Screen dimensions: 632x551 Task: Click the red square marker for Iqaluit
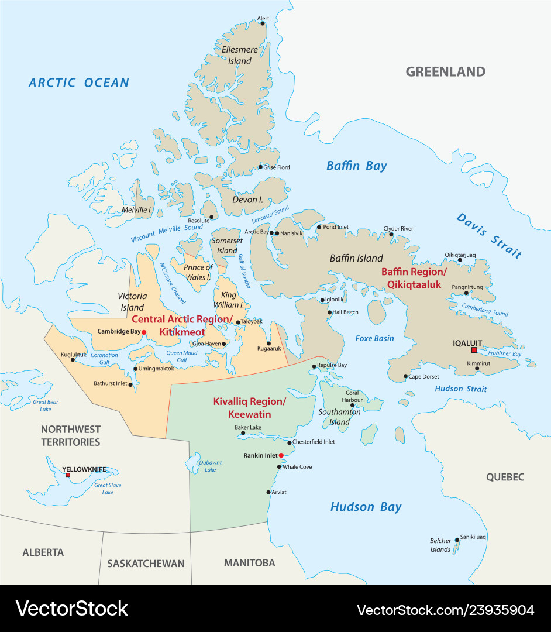474,350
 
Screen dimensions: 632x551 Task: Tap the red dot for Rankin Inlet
281,455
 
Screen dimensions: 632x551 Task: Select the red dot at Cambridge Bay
144,332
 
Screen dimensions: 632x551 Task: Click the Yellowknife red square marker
68,475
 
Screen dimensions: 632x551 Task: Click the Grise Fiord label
276,167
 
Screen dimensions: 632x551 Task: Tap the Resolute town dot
211,217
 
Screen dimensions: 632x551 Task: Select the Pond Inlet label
336,227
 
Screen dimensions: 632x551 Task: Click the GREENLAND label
446,72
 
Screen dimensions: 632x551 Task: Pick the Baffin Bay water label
357,166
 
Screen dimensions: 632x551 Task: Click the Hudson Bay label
366,507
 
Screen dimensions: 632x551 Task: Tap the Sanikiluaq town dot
457,540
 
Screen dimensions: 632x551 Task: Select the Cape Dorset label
423,376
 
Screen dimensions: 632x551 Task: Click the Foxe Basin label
374,338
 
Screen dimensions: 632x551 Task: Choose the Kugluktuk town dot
73,359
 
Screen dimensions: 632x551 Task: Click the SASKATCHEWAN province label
146,564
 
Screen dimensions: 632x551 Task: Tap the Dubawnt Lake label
210,466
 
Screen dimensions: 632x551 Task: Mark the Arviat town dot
268,492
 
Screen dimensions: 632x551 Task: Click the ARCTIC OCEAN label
79,83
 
